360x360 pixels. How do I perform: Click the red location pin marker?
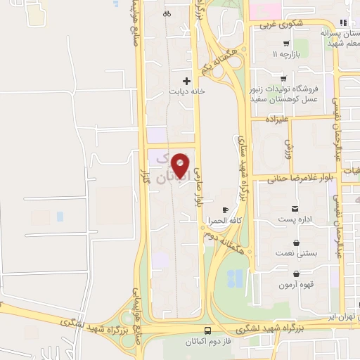coord(181,165)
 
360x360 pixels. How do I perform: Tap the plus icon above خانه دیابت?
coord(186,81)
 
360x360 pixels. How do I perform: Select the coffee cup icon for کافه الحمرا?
coord(225,210)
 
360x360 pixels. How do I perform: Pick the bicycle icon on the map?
coord(167,13)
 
